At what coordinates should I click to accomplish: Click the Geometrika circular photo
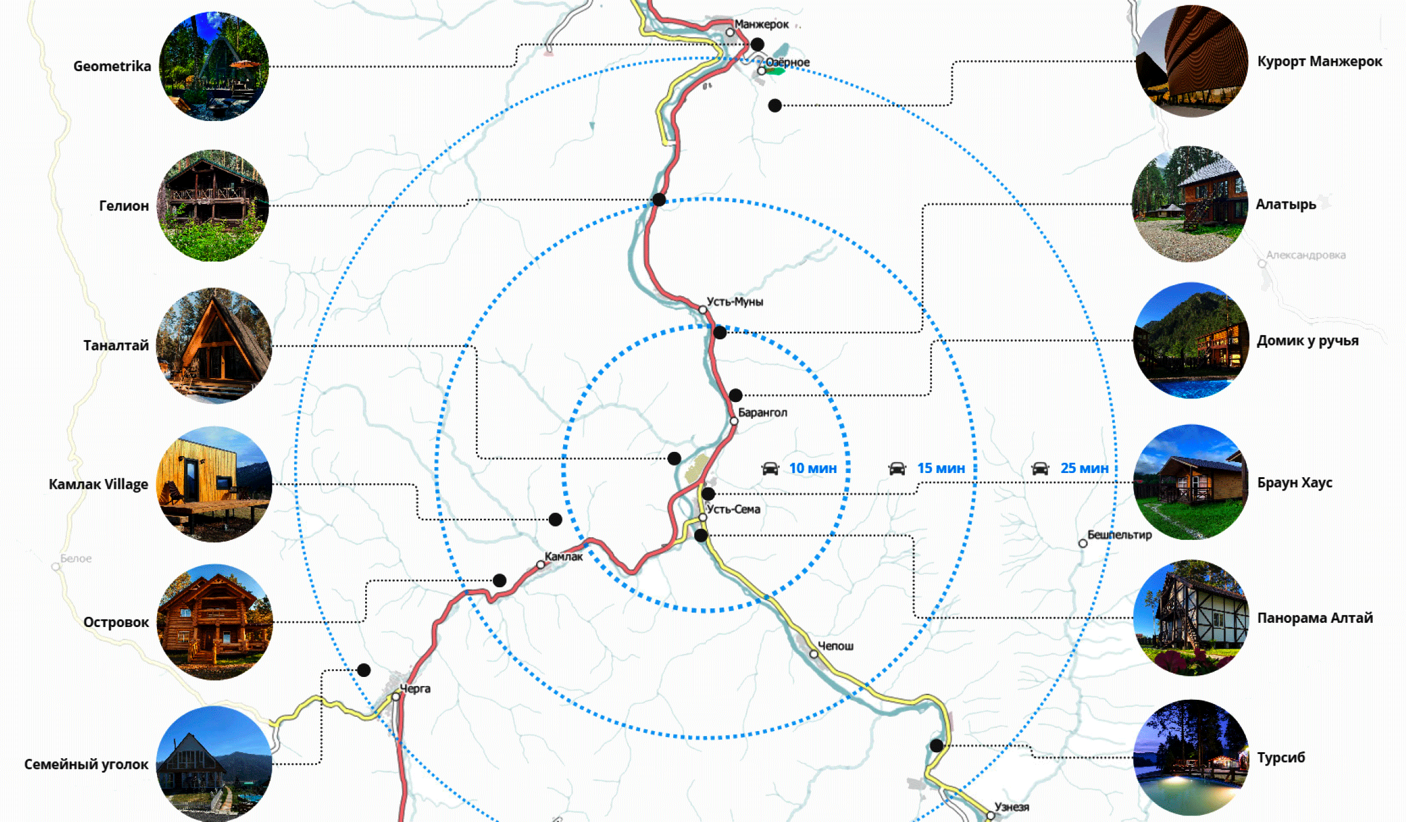point(214,66)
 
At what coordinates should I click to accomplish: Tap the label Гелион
point(124,206)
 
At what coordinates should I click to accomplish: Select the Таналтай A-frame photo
point(214,345)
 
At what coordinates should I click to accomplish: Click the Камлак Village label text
point(98,484)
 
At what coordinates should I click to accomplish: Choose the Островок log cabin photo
point(214,622)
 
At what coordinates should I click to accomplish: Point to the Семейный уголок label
point(86,764)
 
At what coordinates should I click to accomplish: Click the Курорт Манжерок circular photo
point(1191,61)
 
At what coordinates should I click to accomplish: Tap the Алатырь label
point(1286,205)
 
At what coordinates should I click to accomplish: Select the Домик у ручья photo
point(1191,341)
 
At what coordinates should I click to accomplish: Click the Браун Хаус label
point(1295,483)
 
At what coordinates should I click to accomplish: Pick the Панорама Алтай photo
point(1191,618)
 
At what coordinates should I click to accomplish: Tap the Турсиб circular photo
point(1191,758)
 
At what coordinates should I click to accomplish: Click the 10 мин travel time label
point(813,468)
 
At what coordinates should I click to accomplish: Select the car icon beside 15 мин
point(897,468)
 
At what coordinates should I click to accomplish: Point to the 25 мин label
point(1084,468)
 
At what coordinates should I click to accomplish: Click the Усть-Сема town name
point(733,509)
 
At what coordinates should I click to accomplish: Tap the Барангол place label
point(762,413)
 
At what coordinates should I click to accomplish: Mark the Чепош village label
point(836,646)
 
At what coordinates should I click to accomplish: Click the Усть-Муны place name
point(735,301)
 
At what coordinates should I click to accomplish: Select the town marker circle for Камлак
point(540,564)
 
